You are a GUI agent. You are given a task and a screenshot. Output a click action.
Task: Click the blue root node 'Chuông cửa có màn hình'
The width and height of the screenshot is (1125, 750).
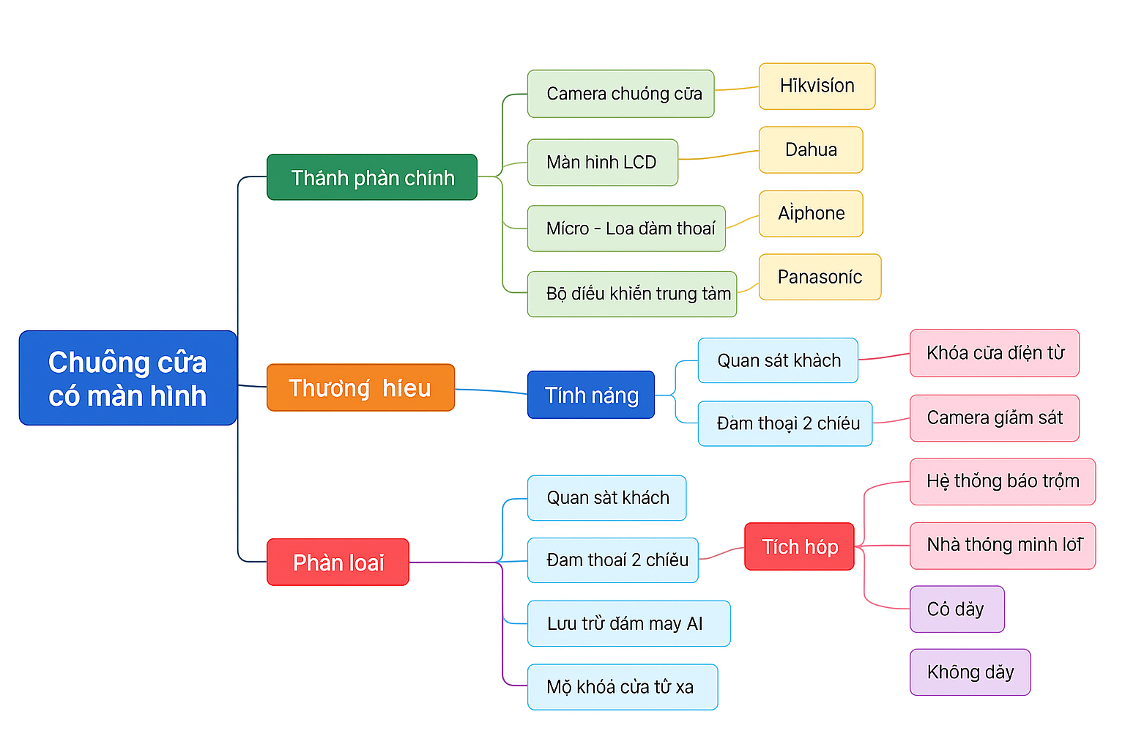(x=128, y=378)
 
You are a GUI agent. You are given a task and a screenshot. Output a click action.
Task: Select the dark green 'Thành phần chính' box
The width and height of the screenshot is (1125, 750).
(x=372, y=177)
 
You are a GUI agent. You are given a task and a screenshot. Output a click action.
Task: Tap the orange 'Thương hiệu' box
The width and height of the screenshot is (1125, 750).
(x=360, y=387)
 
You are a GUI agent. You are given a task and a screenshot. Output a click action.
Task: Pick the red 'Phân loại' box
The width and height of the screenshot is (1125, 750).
(x=338, y=562)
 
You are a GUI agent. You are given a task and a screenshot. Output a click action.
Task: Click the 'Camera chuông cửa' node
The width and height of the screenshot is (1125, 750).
(x=620, y=94)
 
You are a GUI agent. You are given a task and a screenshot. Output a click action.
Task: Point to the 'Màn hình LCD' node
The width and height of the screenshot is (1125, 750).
(x=602, y=163)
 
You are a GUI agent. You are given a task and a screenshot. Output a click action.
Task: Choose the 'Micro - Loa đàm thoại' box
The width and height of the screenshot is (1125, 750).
(x=626, y=229)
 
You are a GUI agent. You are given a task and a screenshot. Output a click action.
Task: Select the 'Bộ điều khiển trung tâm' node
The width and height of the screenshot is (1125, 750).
(x=631, y=294)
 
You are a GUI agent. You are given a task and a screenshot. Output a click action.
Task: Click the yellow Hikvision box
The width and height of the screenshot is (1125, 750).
(x=817, y=86)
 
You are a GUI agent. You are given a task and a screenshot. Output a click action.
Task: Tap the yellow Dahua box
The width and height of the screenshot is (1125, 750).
(x=811, y=150)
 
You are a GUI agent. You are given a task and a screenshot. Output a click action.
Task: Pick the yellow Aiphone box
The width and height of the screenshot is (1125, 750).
(x=811, y=214)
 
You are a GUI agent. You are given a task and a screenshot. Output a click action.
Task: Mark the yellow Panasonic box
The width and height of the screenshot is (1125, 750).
(x=820, y=277)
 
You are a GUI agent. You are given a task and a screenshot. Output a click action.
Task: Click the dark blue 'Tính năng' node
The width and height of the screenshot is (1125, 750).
(x=590, y=395)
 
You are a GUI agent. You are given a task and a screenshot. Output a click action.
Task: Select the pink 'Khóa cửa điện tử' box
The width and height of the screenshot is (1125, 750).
(x=994, y=353)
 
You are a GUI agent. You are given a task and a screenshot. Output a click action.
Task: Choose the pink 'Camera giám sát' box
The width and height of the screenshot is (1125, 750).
(x=994, y=418)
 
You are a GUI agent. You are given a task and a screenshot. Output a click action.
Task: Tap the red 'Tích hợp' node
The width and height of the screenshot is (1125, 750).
(x=799, y=546)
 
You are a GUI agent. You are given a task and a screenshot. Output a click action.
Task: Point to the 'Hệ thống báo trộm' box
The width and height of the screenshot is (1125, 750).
(x=1002, y=481)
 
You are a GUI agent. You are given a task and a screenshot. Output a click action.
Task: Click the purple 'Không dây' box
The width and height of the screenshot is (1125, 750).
(x=970, y=672)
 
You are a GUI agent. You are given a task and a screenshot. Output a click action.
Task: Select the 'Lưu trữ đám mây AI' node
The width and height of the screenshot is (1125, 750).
(x=628, y=623)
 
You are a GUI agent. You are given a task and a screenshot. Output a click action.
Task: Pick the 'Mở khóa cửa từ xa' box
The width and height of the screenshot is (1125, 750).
(x=622, y=687)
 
